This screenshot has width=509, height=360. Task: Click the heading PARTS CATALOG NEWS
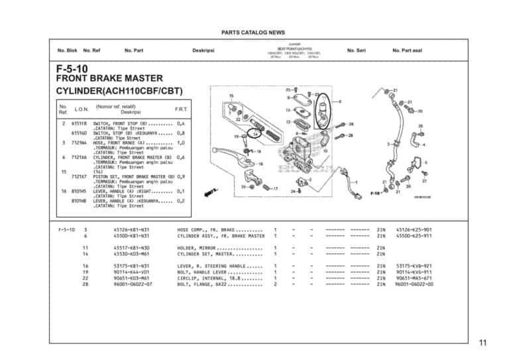tap(253, 32)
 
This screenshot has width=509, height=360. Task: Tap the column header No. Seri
tap(358, 50)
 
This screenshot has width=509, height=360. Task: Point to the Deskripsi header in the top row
tap(202, 50)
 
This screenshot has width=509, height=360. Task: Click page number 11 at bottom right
tap(482, 343)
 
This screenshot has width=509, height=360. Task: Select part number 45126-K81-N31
tap(131, 229)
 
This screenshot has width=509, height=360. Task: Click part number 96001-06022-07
tap(133, 284)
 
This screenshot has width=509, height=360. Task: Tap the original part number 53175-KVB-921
tap(414, 266)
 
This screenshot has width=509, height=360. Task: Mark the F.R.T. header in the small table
tap(180, 109)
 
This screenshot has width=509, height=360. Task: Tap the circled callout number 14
tap(255, 134)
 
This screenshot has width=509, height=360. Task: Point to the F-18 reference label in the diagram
tap(374, 194)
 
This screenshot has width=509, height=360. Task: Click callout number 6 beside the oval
tap(340, 101)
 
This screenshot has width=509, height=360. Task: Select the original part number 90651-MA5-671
tap(414, 278)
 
